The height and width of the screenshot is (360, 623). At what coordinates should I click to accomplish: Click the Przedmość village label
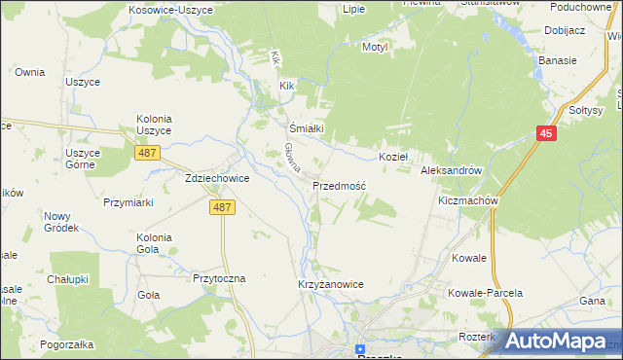(x=339, y=185)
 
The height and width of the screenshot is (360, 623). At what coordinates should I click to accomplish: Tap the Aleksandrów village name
(x=452, y=170)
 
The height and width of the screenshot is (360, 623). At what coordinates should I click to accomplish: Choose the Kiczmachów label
(x=468, y=201)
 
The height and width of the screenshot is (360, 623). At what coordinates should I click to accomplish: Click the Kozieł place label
(x=393, y=157)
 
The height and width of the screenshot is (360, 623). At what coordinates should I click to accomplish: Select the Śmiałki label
(x=306, y=127)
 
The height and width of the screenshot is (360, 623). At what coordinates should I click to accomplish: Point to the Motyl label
(x=375, y=47)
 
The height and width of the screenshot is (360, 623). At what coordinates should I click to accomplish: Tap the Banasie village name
(x=557, y=60)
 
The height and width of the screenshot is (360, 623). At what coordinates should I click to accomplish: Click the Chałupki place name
(x=69, y=280)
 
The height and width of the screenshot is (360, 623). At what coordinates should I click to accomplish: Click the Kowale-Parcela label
(x=485, y=293)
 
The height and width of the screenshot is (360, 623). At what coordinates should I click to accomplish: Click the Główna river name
(x=289, y=157)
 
